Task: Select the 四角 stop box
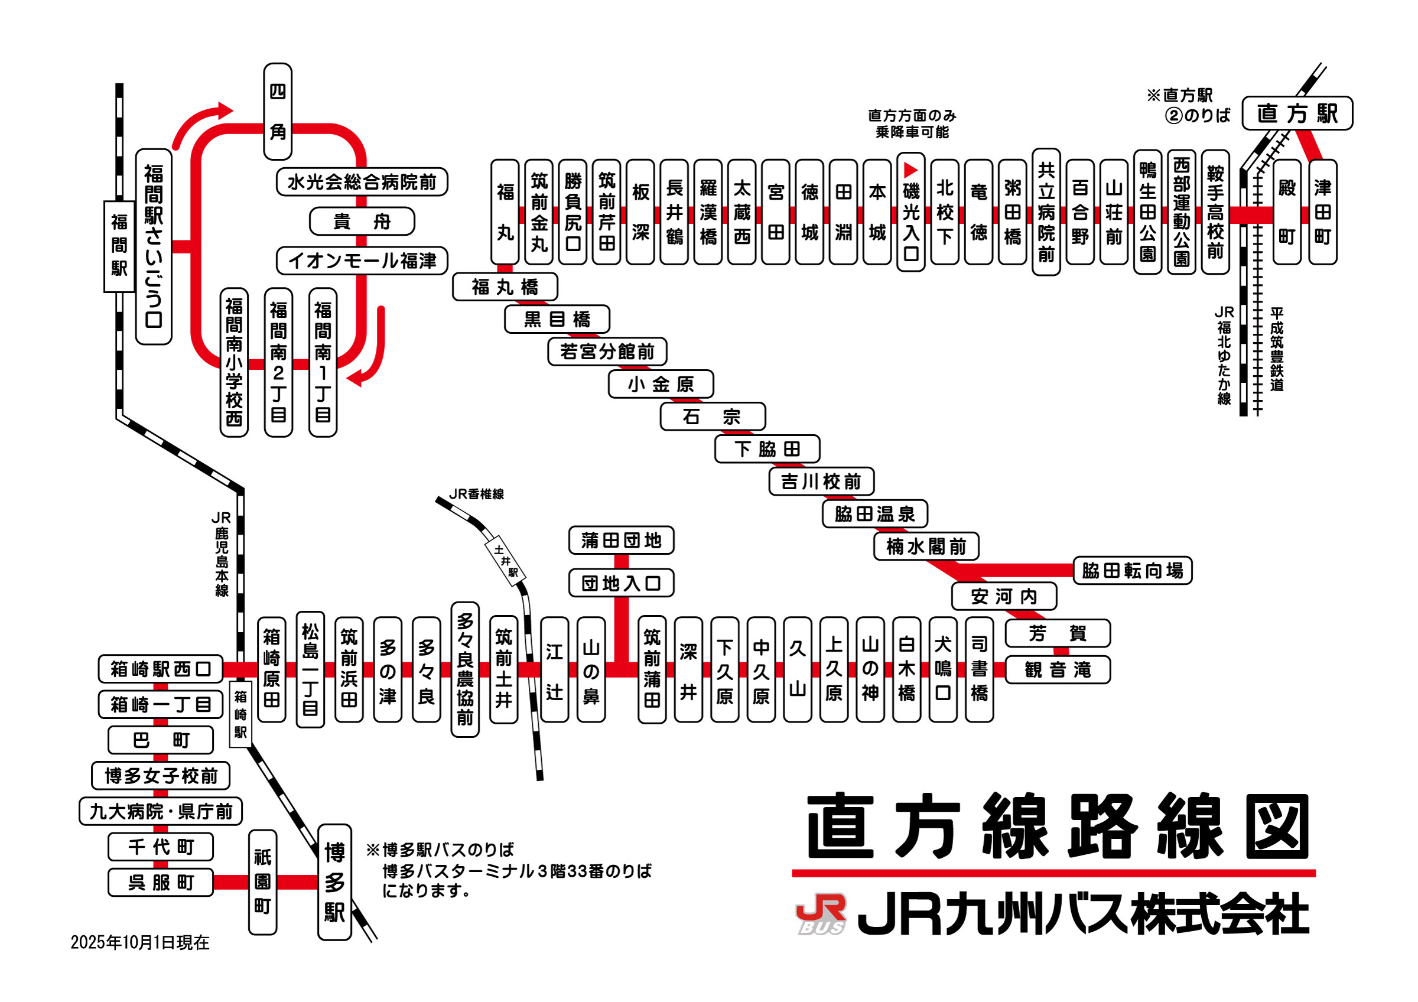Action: click(x=277, y=112)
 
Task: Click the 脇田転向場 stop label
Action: click(x=1132, y=571)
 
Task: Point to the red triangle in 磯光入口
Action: click(x=910, y=170)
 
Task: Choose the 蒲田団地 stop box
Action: click(x=621, y=540)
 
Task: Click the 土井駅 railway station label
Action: click(x=506, y=561)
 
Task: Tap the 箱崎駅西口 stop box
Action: click(x=161, y=669)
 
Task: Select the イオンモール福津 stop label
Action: click(x=362, y=261)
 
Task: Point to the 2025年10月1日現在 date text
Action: click(x=140, y=942)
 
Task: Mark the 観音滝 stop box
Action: click(x=1058, y=670)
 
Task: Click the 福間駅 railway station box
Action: click(x=119, y=246)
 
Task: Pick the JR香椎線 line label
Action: click(x=476, y=494)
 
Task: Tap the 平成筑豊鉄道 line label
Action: click(x=1277, y=349)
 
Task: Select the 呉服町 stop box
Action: click(x=161, y=882)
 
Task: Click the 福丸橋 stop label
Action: click(x=505, y=287)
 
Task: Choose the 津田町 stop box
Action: click(x=1322, y=212)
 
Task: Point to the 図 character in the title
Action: click(x=1277, y=826)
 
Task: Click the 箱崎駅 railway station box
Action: click(x=240, y=714)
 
